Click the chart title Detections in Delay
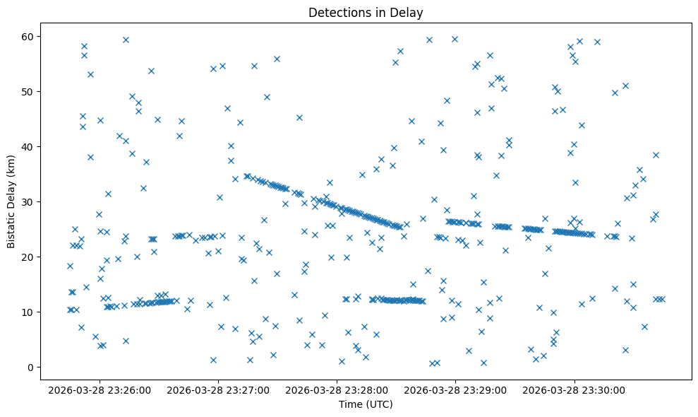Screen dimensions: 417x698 pyautogui.click(x=366, y=12)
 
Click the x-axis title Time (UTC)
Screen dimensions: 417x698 pyautogui.click(x=366, y=405)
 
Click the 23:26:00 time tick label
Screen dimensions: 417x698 pyautogui.click(x=100, y=389)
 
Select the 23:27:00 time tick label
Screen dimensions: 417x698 pyautogui.click(x=219, y=389)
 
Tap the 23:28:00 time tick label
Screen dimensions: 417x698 pyautogui.click(x=337, y=389)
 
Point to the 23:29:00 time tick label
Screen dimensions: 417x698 pyautogui.click(x=456, y=389)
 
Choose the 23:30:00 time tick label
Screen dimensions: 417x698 pyautogui.click(x=574, y=389)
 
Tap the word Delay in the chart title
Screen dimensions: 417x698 pyautogui.click(x=409, y=12)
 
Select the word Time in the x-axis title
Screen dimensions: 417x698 pyautogui.click(x=350, y=405)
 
